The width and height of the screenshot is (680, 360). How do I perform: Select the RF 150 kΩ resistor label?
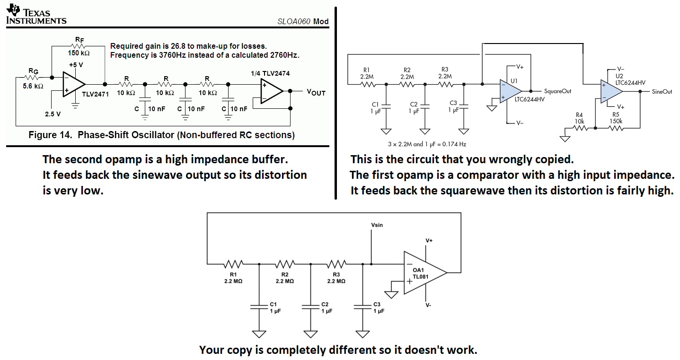point(79,48)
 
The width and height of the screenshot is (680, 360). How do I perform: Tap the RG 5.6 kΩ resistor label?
point(33,79)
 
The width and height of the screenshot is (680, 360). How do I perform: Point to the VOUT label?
point(316,92)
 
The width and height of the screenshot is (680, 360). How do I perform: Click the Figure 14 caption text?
point(161,135)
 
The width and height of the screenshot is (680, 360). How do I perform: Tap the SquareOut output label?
point(557,91)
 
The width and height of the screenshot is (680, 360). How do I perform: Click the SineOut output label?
point(662,91)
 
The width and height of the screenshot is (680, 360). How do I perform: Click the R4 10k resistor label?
point(579,118)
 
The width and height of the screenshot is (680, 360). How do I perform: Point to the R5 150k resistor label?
point(616,118)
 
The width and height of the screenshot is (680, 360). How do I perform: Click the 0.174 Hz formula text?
point(426,144)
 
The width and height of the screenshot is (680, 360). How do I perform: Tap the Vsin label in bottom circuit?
point(377,225)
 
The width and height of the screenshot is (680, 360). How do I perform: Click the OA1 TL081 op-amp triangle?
point(423,272)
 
